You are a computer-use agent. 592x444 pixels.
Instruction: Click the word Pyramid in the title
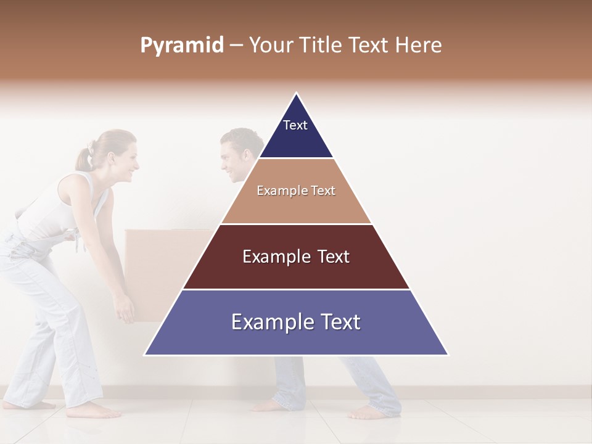tap(182, 46)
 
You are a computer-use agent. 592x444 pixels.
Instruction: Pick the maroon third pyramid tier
tap(296, 271)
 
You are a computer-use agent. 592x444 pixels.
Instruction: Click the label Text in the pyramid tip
tap(295, 125)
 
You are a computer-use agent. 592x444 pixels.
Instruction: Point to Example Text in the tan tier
tap(296, 191)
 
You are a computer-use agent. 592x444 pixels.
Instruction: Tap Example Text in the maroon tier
tap(296, 257)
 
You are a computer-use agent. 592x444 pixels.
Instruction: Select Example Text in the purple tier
tap(296, 322)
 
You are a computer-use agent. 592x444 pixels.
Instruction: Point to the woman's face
tap(126, 163)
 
